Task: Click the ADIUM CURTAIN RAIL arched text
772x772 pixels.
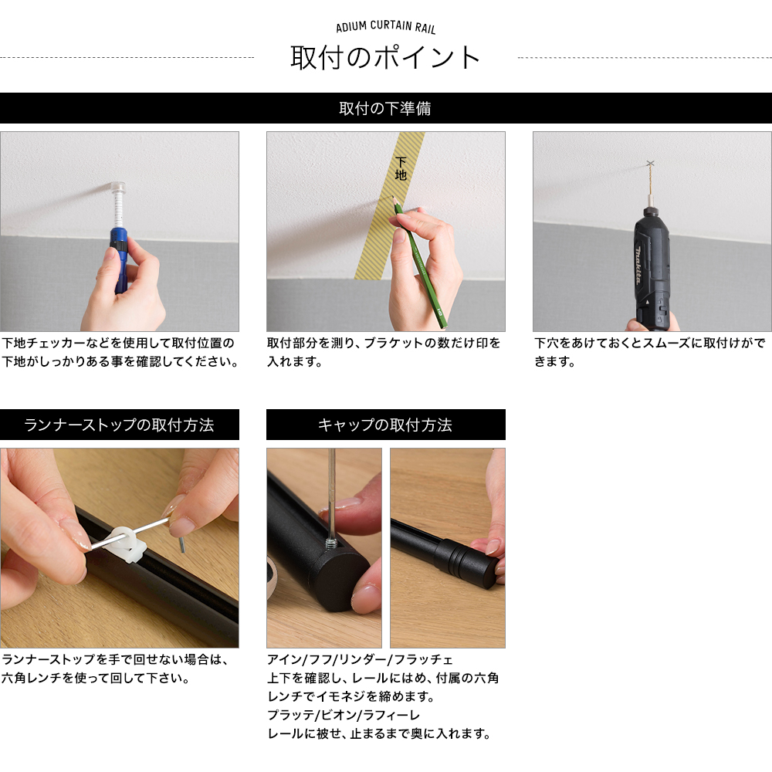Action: click(385, 26)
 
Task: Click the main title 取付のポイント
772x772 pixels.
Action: click(385, 58)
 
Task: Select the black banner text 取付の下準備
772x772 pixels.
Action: click(385, 108)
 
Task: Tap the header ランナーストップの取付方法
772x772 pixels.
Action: click(119, 425)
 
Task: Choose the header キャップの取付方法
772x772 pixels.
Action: click(385, 425)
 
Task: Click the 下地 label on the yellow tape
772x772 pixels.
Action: click(401, 169)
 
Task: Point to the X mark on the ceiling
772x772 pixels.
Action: click(650, 163)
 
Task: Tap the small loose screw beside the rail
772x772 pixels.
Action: click(181, 544)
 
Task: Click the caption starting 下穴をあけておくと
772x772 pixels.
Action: click(650, 352)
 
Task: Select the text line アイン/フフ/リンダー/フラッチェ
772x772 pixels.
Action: click(360, 659)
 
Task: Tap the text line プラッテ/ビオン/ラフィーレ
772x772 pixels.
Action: click(344, 715)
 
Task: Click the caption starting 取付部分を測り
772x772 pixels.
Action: click(384, 352)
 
